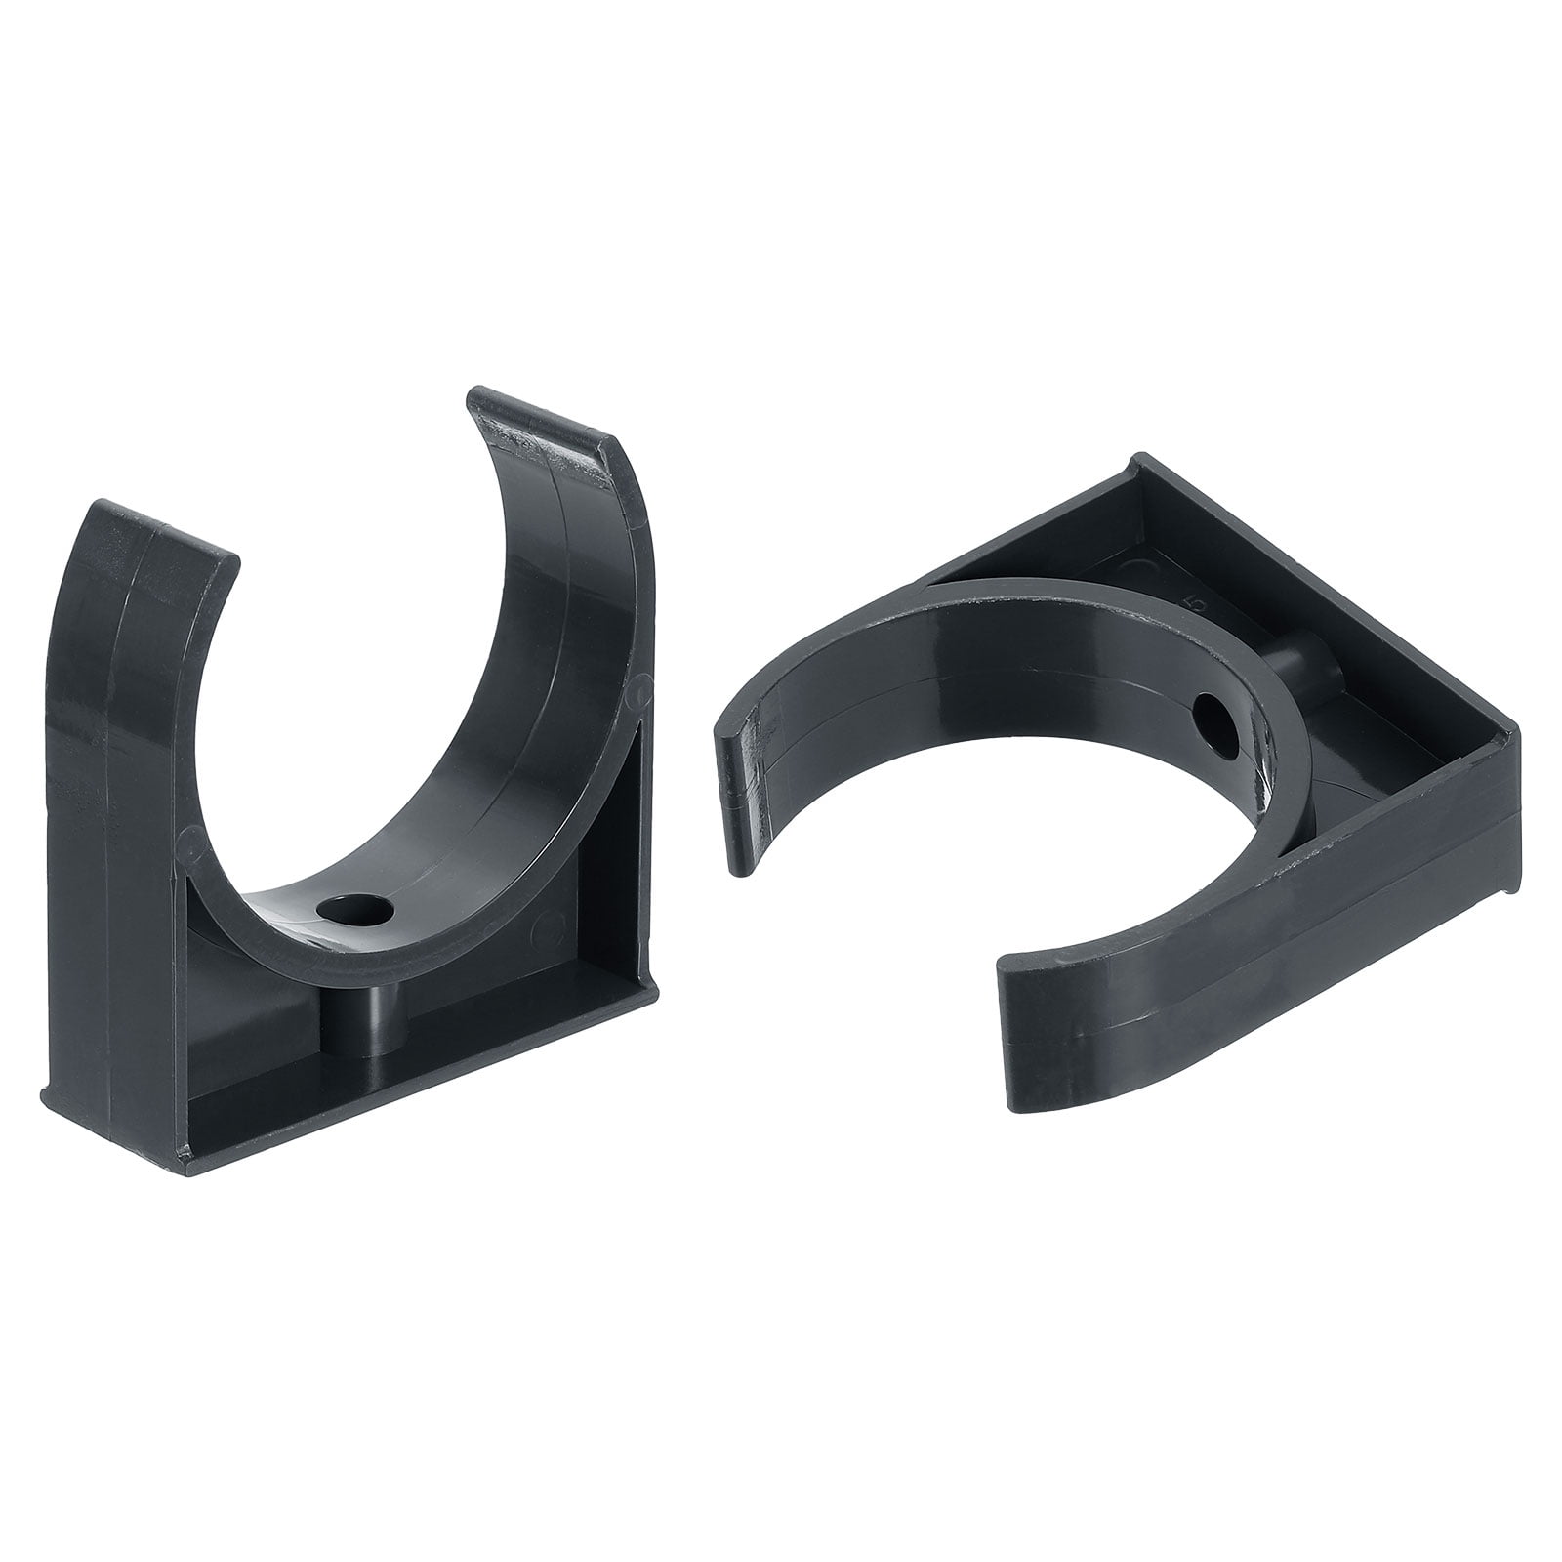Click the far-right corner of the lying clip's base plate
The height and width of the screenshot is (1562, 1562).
point(1518,727)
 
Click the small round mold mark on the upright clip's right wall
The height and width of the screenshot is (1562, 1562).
point(637,694)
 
